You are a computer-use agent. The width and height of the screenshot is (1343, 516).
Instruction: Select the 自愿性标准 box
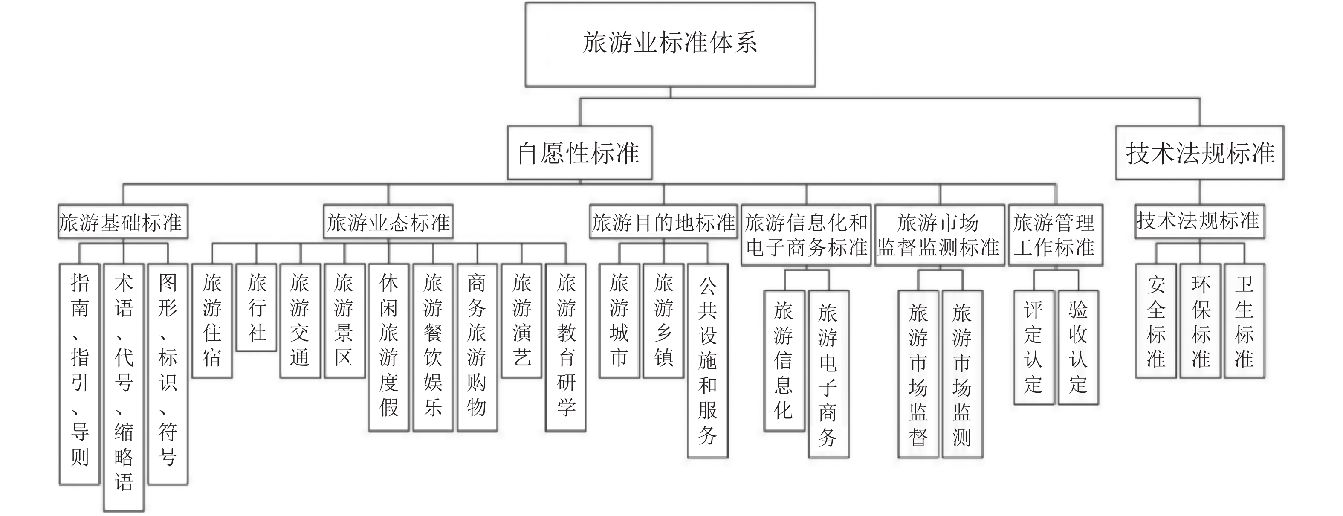click(579, 152)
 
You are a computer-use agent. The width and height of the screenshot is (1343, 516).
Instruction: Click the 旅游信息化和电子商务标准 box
click(806, 235)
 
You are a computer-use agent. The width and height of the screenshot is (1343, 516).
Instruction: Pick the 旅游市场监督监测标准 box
click(940, 235)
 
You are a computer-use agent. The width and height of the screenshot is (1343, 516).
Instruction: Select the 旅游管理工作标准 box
click(1055, 235)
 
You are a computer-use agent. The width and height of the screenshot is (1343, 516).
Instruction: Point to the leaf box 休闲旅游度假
click(388, 347)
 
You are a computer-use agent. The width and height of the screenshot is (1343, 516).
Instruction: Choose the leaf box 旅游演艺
click(521, 321)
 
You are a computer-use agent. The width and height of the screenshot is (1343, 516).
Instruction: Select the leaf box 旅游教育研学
click(566, 347)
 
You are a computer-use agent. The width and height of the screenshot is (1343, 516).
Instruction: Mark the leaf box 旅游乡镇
click(663, 321)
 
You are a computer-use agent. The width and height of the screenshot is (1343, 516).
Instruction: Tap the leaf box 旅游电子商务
click(828, 374)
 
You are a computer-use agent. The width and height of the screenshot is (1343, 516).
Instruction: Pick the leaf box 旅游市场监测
click(962, 374)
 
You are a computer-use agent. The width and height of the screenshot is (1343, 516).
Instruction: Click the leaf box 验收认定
click(1078, 347)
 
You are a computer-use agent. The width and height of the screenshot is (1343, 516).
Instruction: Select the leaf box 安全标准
click(1156, 321)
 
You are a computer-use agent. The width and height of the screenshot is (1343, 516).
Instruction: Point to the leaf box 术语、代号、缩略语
click(124, 387)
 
